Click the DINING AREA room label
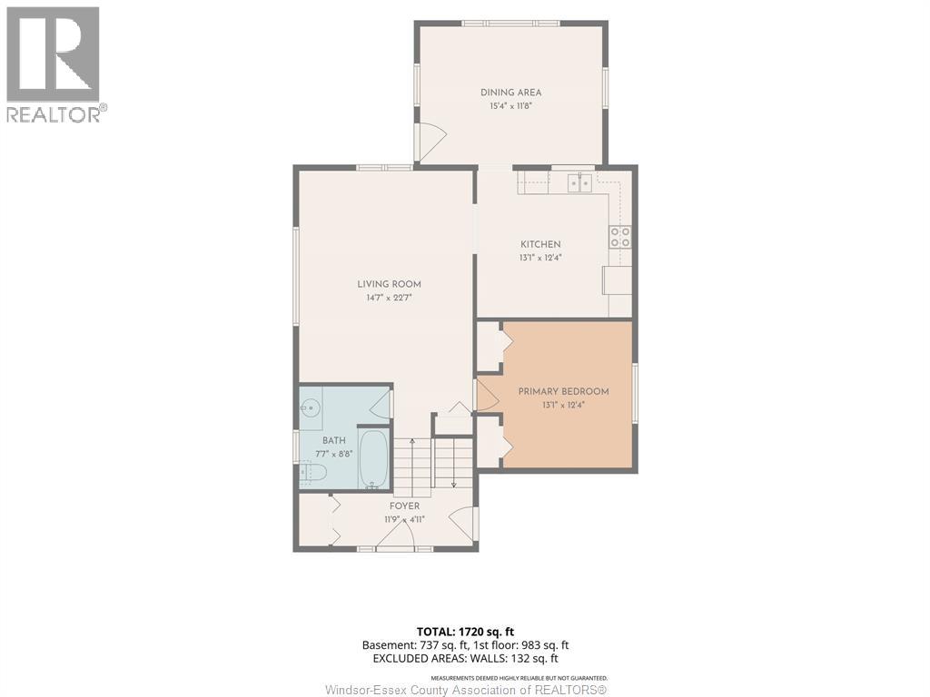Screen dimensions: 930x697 (510, 93)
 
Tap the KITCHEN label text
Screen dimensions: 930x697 (540, 244)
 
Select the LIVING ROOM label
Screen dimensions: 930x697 (389, 284)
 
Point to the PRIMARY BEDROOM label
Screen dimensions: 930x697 (563, 392)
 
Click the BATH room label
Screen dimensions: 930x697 (334, 440)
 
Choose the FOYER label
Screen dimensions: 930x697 (404, 506)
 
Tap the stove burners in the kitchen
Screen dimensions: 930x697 (620, 237)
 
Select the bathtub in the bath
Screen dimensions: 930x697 (373, 458)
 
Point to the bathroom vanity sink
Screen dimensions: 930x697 (311, 407)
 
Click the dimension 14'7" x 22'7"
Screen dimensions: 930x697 (389, 298)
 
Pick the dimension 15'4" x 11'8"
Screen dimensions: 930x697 (510, 106)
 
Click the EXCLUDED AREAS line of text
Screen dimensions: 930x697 (466, 659)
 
